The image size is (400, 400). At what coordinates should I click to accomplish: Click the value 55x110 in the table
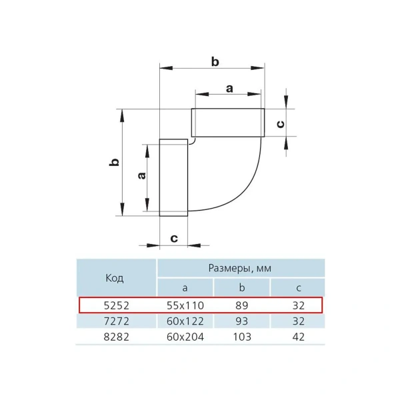tap(185, 305)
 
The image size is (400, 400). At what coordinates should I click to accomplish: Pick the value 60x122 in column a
tap(185, 321)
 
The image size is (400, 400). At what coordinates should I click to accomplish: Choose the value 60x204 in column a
tap(185, 337)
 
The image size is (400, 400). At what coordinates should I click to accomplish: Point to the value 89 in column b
tap(241, 305)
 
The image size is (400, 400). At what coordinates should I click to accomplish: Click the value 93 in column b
tap(241, 321)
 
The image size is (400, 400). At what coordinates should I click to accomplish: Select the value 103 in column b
tap(241, 337)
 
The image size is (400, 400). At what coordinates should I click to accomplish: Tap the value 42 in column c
tap(298, 337)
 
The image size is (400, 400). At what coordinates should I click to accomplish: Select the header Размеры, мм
tap(240, 268)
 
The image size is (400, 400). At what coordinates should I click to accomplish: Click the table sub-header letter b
tap(241, 287)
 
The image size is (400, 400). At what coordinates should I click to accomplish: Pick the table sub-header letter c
tap(298, 287)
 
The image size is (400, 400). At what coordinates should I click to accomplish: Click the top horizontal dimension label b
tap(215, 61)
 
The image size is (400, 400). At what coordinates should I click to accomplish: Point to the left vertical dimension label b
tap(115, 162)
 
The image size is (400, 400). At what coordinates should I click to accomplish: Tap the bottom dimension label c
tap(174, 238)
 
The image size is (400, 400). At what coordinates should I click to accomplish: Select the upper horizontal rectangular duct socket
tap(227, 123)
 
